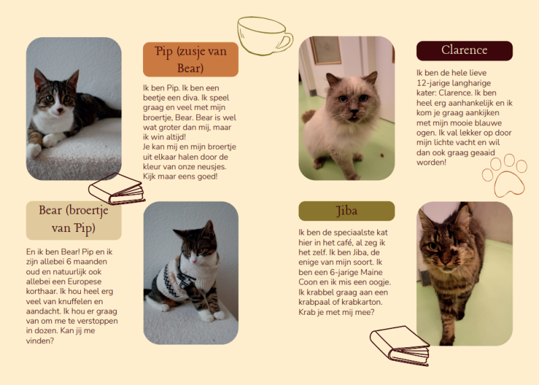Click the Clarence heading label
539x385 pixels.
point(464,51)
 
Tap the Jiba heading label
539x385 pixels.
point(347,211)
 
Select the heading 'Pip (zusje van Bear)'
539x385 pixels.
point(190,59)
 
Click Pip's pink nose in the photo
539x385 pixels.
point(60,111)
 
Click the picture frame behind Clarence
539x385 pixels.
point(325,51)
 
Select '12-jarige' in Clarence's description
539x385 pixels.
point(432,83)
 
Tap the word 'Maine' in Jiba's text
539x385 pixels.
point(372,272)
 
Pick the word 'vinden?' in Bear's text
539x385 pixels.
point(40,341)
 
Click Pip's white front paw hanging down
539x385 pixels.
point(34,150)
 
